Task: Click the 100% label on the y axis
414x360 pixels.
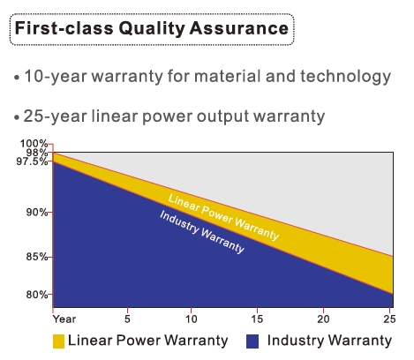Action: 34,144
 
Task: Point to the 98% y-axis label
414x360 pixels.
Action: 37,153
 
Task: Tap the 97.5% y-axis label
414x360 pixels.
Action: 32,161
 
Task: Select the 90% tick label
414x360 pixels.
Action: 37,212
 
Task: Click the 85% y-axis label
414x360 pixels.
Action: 37,257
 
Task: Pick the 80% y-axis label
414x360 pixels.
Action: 37,295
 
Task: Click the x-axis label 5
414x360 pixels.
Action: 127,319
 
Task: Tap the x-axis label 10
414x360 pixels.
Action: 192,319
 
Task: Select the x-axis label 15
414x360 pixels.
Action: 257,319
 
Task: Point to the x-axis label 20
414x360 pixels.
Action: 323,319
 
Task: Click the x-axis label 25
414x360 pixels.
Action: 389,319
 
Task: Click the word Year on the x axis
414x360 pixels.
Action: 64,319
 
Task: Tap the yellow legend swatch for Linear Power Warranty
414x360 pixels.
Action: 58,341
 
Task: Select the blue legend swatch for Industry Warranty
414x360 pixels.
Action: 252,341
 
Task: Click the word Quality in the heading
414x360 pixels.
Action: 152,29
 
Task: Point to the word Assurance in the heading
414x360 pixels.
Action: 238,28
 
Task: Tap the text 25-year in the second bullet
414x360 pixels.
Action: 55,116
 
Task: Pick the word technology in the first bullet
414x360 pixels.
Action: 346,77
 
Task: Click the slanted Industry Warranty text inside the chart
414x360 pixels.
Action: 202,232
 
